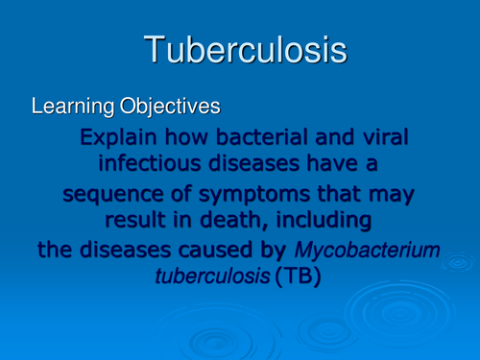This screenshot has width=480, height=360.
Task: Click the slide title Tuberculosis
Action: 244,50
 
